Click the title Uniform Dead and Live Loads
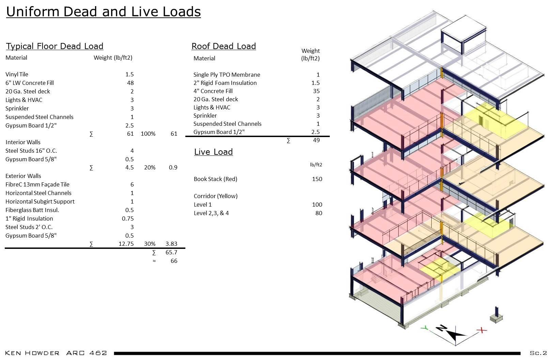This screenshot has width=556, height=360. click(103, 12)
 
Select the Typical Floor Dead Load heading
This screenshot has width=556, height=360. click(55, 46)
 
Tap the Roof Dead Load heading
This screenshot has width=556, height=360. click(223, 46)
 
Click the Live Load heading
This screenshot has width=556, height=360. click(213, 152)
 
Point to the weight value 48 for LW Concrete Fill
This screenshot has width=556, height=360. click(130, 83)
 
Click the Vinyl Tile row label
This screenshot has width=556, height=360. click(17, 74)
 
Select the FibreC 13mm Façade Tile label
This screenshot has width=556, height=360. click(37, 184)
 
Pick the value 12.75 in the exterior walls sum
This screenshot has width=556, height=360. click(126, 244)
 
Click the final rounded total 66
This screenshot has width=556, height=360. click(174, 261)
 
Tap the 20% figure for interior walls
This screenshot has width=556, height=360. click(150, 167)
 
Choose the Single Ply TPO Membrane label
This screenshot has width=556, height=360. click(227, 75)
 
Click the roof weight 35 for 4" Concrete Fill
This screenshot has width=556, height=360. click(316, 91)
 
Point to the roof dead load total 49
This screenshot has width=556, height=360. click(316, 140)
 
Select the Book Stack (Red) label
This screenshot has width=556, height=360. click(215, 179)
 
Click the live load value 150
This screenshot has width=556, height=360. click(317, 179)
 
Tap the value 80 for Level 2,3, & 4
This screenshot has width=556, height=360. click(319, 213)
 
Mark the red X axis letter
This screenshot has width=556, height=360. click(481, 330)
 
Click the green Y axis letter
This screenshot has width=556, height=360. click(424, 328)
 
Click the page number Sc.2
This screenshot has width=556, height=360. click(538, 353)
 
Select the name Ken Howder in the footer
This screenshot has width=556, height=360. click(32, 353)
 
